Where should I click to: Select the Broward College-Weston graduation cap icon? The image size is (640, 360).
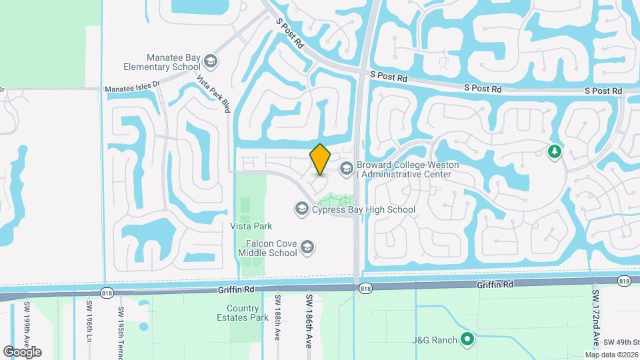(346, 169)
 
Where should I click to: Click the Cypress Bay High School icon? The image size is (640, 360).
(301, 210)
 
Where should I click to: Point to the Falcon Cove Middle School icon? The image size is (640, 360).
(307, 248)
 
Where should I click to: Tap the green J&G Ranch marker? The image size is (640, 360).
(468, 340)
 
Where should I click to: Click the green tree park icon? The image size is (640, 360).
(554, 153)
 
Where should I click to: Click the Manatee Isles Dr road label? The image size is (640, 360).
(133, 85)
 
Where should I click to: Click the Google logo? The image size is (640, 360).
(22, 352)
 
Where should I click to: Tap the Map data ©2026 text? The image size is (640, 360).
(611, 355)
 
